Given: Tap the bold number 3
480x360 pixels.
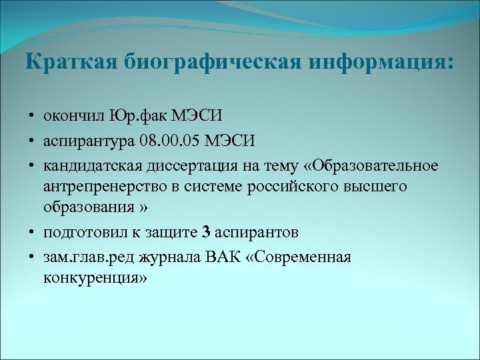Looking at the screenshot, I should click(x=206, y=232).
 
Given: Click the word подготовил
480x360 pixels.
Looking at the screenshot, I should click(x=80, y=232).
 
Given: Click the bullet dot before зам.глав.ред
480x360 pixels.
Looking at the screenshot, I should click(x=31, y=257).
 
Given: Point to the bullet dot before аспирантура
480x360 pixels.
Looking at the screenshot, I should click(x=31, y=141).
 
